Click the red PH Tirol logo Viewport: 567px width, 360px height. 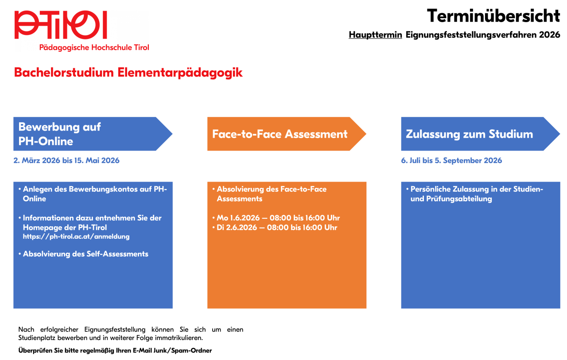tap(61, 25)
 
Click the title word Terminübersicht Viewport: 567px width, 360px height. tap(493, 16)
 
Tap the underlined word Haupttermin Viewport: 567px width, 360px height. tap(375, 35)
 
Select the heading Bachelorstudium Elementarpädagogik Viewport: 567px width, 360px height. tap(128, 73)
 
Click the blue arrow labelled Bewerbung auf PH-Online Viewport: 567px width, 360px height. tap(89, 134)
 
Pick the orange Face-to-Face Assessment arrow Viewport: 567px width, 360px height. tap(283, 134)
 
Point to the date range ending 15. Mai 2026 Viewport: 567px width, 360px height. tap(66, 160)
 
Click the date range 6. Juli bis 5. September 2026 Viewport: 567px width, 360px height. tap(451, 160)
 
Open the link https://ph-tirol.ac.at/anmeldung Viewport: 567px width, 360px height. tap(76, 236)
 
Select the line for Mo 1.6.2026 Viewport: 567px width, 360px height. tap(278, 218)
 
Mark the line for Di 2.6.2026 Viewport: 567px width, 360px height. tap(277, 228)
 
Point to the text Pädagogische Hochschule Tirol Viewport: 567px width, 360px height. tap(94, 47)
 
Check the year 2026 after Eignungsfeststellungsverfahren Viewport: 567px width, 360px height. tap(550, 35)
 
